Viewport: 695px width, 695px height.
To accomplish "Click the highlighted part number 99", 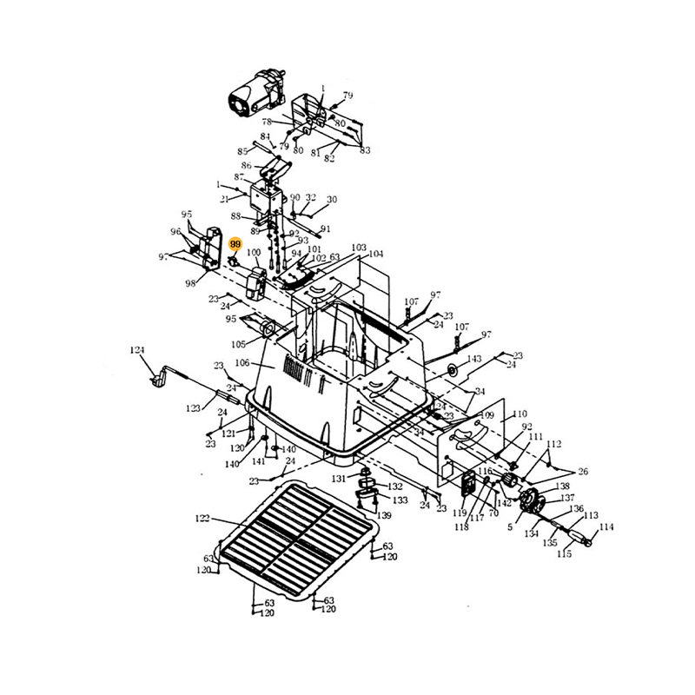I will click(x=235, y=246).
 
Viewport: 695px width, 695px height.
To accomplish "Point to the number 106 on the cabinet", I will click(x=242, y=363).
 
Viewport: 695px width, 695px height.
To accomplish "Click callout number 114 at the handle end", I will click(x=606, y=526).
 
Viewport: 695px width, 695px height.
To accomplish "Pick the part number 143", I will click(x=474, y=360).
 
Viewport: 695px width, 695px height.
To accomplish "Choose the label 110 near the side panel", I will click(x=520, y=414).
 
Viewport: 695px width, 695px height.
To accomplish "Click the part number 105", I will click(x=238, y=344).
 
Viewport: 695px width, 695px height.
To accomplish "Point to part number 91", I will click(x=326, y=229).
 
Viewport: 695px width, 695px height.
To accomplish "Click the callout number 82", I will click(x=330, y=158).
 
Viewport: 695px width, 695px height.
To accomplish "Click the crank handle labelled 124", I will click(x=162, y=377).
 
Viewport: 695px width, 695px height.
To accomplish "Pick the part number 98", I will click(x=189, y=282).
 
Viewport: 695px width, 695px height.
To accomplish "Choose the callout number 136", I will click(x=577, y=508).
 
